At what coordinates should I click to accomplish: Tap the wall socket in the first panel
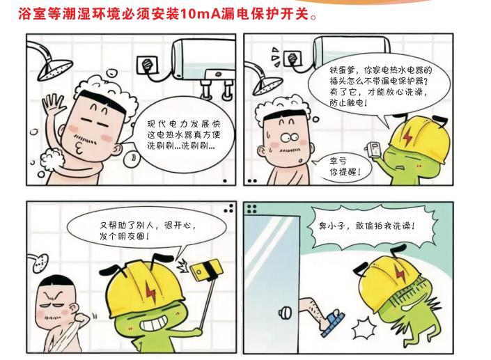point(147,64)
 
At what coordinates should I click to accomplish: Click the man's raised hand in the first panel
point(53,103)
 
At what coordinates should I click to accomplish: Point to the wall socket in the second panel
point(293,58)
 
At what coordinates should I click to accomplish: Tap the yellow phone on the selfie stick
point(207,270)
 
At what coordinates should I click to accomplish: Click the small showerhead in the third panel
point(40,263)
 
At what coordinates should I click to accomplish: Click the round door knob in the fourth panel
point(285,313)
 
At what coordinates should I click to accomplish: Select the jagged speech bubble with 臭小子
point(374,227)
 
